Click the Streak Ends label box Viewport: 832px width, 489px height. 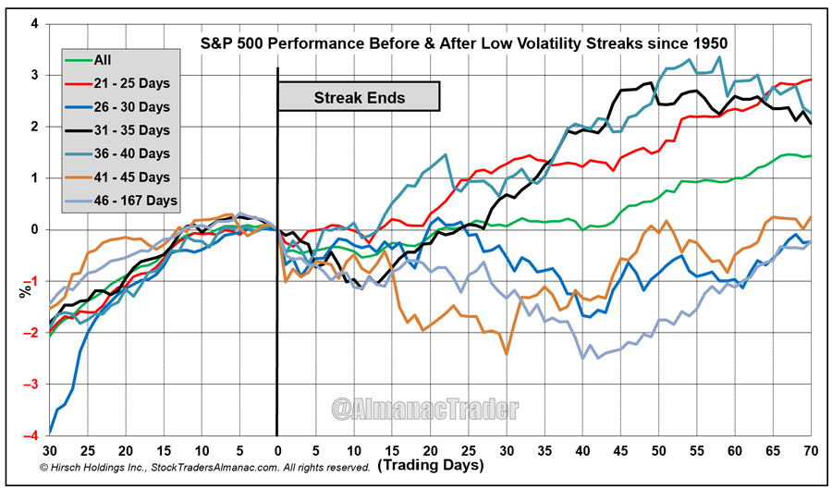point(359,96)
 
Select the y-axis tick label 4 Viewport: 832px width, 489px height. point(34,23)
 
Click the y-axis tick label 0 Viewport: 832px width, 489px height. point(34,229)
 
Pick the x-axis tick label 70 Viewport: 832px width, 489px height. point(811,450)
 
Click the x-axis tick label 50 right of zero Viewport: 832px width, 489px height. point(658,450)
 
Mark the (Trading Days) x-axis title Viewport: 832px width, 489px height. point(430,465)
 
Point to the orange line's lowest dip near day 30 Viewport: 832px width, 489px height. point(507,353)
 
